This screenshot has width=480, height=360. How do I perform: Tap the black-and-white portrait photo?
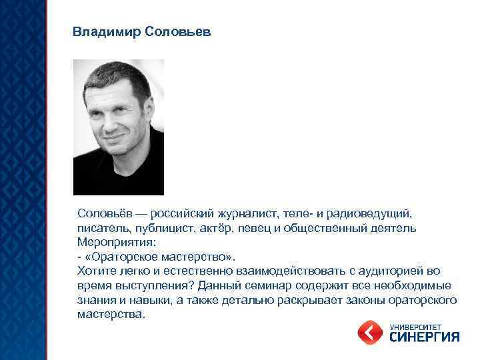pos(119,127)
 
